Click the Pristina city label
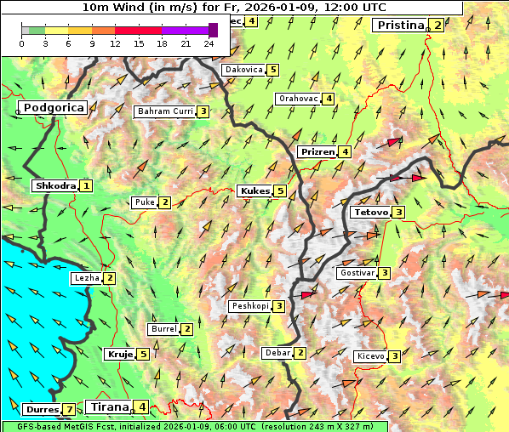[399, 26]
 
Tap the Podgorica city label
[53, 108]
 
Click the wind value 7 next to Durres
[69, 410]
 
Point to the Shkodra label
[54, 185]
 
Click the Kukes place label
[254, 191]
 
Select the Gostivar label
[356, 273]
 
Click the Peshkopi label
[250, 306]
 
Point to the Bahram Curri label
[165, 111]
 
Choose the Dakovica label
[243, 70]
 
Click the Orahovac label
[298, 99]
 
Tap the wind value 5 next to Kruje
[144, 354]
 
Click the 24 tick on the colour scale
[209, 43]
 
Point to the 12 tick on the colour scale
[115, 43]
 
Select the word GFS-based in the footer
[29, 426]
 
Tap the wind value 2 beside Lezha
[110, 278]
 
